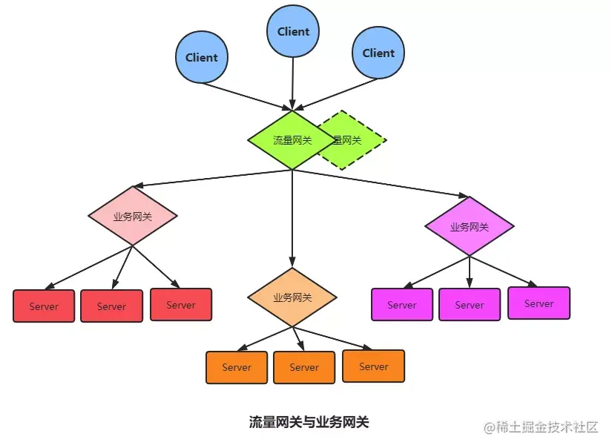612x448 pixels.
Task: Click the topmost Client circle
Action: (293, 32)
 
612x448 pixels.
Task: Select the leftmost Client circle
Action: (201, 57)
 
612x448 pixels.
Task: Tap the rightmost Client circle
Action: (378, 53)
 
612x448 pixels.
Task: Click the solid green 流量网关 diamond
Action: (292, 140)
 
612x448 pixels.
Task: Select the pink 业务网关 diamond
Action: (133, 217)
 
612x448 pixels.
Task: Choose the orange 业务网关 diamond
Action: (292, 297)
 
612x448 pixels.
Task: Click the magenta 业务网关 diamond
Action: (469, 226)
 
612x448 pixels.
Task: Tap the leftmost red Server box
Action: (44, 306)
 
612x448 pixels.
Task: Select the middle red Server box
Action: (111, 306)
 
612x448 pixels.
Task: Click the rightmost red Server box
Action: (181, 305)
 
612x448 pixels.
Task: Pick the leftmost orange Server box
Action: (237, 367)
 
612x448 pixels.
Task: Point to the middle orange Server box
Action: (304, 367)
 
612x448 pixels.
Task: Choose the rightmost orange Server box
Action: (374, 366)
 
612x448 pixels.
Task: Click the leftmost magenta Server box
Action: (402, 305)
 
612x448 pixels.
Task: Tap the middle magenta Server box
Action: (470, 305)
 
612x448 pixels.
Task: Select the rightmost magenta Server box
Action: (539, 303)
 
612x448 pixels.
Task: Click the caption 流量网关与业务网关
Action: (309, 422)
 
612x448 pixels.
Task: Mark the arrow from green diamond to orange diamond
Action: (292, 219)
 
